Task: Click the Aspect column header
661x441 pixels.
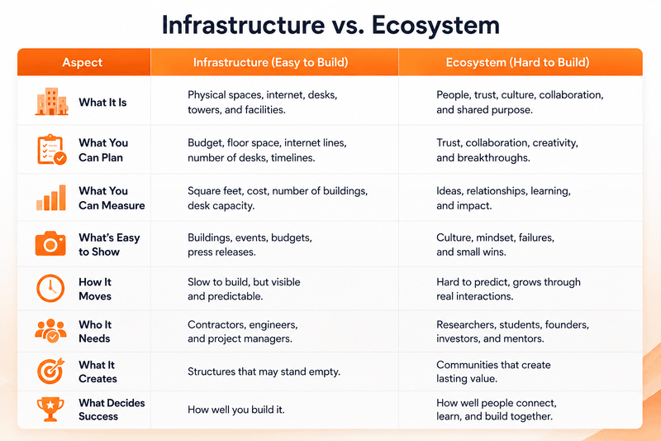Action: click(82, 62)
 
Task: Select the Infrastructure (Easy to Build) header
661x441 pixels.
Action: click(271, 62)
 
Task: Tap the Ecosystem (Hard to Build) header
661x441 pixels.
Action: click(517, 62)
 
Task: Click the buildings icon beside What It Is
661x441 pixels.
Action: click(51, 102)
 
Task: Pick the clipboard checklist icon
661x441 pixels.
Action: click(51, 150)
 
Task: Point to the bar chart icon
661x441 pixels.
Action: click(51, 198)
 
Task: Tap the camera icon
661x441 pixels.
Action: click(50, 243)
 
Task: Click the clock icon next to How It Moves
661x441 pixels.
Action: click(50, 289)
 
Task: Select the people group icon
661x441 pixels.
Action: click(50, 330)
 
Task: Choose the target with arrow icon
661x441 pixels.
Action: click(50, 371)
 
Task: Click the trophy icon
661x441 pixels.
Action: click(50, 409)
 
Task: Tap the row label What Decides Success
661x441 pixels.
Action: click(112, 410)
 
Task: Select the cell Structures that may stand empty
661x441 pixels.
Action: click(264, 371)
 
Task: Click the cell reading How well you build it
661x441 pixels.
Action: click(236, 410)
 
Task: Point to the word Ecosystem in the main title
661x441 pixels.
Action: click(435, 26)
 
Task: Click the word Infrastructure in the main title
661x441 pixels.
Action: click(243, 25)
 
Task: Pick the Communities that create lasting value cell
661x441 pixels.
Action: click(493, 371)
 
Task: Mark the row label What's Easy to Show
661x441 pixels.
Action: click(109, 244)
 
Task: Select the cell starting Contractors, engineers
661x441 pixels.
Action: click(243, 331)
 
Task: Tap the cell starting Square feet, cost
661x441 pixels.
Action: click(278, 198)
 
